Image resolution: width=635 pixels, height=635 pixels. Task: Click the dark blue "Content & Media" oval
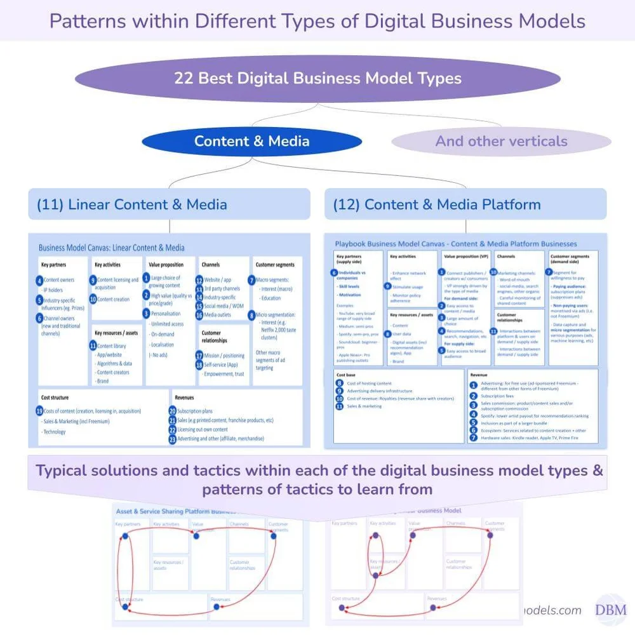pyautogui.click(x=251, y=141)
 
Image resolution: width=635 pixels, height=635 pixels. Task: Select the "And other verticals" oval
pyautogui.click(x=501, y=141)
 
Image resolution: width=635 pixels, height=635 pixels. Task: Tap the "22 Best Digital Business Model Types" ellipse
pyautogui.click(x=317, y=79)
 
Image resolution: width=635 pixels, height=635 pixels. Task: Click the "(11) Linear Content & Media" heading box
pyautogui.click(x=169, y=204)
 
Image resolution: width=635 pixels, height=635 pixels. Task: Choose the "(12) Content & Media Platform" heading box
pyautogui.click(x=465, y=204)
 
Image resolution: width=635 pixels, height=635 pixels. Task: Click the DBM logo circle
pyautogui.click(x=610, y=610)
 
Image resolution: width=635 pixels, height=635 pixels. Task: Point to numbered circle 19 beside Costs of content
pyautogui.click(x=39, y=411)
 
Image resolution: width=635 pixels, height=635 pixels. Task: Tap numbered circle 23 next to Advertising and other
pyautogui.click(x=172, y=439)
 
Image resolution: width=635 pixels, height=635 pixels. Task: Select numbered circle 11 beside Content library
pyautogui.click(x=93, y=346)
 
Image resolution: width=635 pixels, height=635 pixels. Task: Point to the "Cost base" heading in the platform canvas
pyautogui.click(x=346, y=375)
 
